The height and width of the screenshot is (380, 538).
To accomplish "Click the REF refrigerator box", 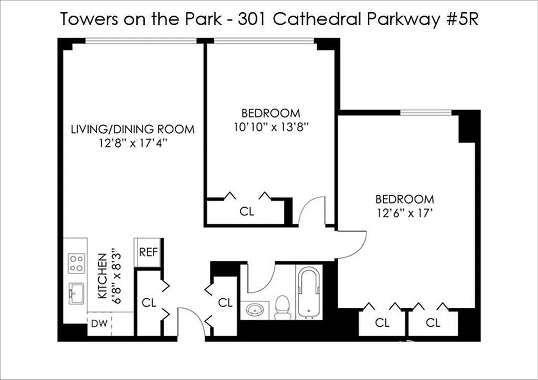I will [x=148, y=252].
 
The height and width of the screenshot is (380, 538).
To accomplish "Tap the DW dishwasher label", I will [x=99, y=324].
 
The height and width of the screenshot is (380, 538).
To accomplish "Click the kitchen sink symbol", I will [x=76, y=293].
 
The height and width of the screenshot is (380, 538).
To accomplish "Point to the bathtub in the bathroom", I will [x=309, y=293].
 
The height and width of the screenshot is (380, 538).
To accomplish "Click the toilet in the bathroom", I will [x=283, y=307].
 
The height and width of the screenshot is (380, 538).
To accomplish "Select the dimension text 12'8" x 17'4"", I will [x=132, y=142].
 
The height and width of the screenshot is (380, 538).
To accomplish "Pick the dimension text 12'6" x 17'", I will [x=405, y=213].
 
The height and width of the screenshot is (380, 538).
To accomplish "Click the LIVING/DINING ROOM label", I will [x=132, y=129].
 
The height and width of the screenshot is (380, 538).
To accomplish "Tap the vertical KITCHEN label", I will [x=102, y=275].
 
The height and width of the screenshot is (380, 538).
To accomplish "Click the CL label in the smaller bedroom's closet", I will [x=246, y=211].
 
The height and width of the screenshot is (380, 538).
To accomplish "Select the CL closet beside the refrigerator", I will [x=149, y=302].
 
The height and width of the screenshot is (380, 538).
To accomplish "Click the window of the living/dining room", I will [x=141, y=41].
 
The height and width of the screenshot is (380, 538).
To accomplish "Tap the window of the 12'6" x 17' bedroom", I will [x=425, y=113].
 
